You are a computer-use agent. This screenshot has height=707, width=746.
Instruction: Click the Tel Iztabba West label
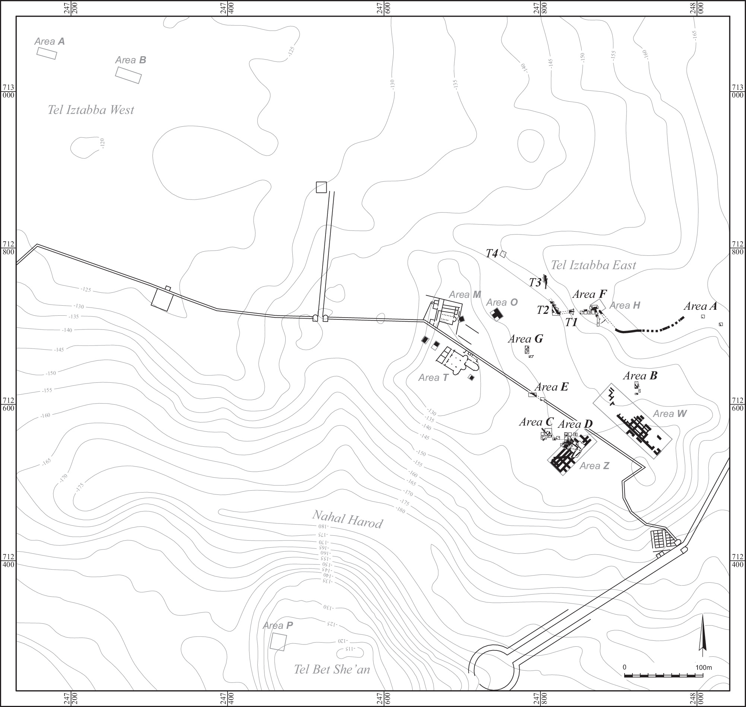(x=91, y=110)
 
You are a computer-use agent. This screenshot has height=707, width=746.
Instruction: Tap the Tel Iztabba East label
(x=593, y=265)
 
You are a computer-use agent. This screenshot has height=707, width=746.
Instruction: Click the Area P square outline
(x=278, y=642)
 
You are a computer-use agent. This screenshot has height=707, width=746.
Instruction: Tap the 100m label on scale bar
(x=704, y=668)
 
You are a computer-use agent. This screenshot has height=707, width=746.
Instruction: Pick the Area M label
(x=465, y=295)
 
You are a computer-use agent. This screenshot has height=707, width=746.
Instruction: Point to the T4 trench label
(x=492, y=254)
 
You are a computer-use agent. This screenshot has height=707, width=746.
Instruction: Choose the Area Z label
(x=594, y=466)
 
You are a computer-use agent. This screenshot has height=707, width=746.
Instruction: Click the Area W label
(x=670, y=414)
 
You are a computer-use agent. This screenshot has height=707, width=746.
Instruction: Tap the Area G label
(x=526, y=339)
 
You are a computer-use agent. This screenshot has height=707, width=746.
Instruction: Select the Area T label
(x=433, y=378)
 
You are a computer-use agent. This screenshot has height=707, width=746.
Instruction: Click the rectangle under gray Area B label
(x=128, y=75)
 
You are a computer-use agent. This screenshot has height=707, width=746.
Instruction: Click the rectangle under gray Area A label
(x=47, y=53)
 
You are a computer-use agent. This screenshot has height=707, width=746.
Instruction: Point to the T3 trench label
(x=535, y=283)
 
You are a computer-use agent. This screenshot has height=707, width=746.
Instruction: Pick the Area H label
(x=625, y=305)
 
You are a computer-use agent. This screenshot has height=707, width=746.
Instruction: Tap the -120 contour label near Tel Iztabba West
(x=102, y=143)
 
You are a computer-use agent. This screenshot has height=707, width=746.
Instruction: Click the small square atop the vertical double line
(x=321, y=187)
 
